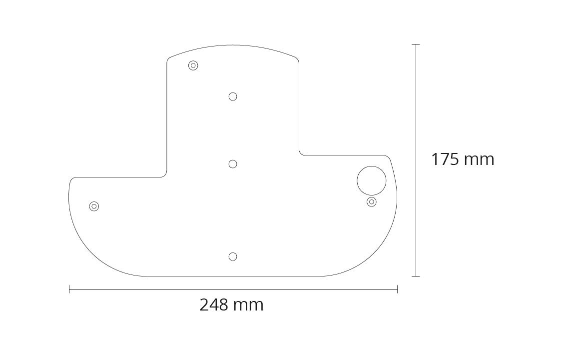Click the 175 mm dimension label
463,159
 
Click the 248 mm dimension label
232,304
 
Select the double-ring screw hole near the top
193,65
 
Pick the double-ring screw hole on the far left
94,206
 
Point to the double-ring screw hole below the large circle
372,201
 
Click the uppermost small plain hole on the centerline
233,96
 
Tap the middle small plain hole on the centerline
233,164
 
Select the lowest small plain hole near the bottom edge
233,256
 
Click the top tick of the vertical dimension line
416,44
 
